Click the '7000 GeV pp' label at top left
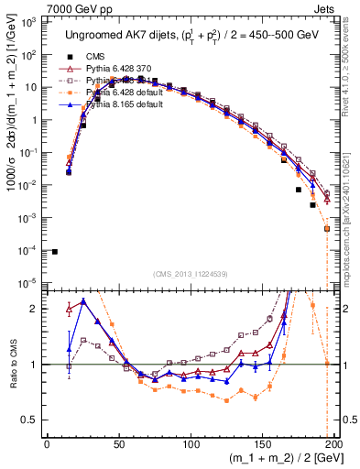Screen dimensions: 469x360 coord(43,8)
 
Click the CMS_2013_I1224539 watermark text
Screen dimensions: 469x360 coord(191,273)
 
